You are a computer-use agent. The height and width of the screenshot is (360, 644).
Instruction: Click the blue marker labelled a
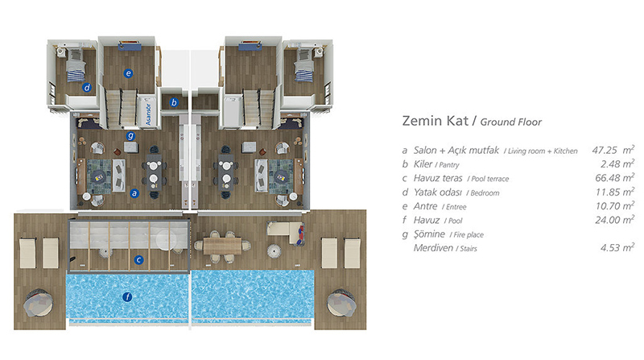(x=134, y=193)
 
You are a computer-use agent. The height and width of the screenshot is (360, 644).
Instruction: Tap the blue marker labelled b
(x=174, y=102)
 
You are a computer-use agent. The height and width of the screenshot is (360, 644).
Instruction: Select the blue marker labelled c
(x=138, y=259)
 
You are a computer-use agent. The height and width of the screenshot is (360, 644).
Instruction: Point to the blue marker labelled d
(x=87, y=87)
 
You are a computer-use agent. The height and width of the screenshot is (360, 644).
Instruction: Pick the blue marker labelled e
(x=129, y=73)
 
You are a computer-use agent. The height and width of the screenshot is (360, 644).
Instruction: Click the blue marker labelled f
(x=127, y=296)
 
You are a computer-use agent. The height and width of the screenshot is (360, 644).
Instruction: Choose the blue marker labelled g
(x=130, y=135)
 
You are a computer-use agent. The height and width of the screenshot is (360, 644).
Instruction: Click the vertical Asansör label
(x=148, y=114)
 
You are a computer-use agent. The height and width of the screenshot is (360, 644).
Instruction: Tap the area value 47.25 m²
(x=613, y=150)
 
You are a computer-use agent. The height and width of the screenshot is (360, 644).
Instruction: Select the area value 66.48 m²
(x=615, y=177)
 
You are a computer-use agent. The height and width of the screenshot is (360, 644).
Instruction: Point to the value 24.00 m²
(x=615, y=219)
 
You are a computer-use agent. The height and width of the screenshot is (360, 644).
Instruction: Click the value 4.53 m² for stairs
(x=617, y=247)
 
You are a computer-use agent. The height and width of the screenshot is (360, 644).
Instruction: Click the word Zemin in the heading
(x=420, y=121)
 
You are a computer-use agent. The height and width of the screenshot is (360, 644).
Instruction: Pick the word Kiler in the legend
(x=423, y=164)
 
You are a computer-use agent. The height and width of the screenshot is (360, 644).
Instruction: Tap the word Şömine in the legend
(x=429, y=234)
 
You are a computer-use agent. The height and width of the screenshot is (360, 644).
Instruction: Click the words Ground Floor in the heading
(x=511, y=122)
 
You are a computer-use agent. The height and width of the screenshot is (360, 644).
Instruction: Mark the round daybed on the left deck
(x=38, y=303)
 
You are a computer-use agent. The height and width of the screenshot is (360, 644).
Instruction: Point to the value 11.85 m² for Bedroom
(x=615, y=192)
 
